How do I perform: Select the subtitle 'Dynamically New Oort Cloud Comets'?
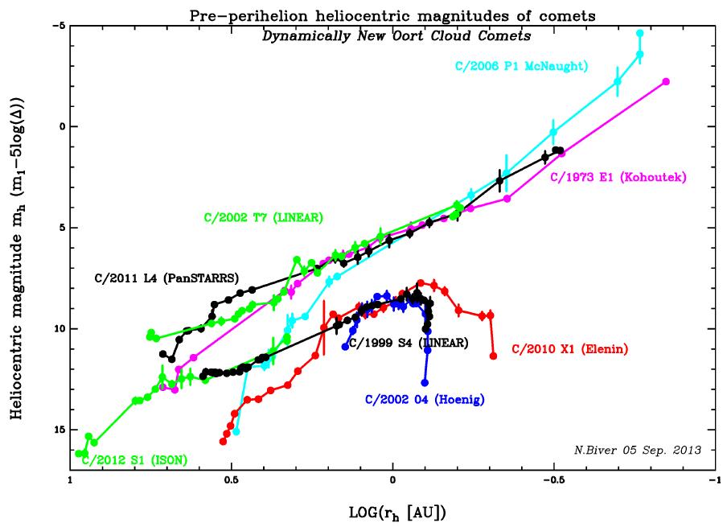392,36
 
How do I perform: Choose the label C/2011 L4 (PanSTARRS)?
165,278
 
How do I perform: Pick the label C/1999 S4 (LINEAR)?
408,343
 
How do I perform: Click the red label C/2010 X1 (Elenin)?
569,349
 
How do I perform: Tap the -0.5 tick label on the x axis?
552,483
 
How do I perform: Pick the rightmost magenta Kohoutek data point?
666,81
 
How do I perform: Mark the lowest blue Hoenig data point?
425,382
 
